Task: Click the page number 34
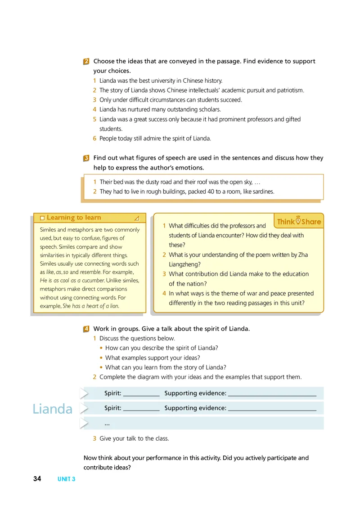tap(37, 479)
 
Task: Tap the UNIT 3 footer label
tap(67, 479)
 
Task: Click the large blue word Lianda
tap(52, 409)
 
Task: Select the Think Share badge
tap(299, 221)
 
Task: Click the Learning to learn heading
tap(74, 218)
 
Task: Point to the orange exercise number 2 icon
tap(86, 62)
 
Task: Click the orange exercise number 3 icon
tap(86, 158)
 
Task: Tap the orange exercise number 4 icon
tap(86, 329)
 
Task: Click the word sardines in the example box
tap(262, 192)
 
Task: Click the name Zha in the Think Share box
tap(303, 255)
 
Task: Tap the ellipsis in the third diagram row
tap(107, 424)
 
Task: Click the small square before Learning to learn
tap(42, 218)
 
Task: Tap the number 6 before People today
tap(95, 138)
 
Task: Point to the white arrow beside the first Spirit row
tap(84, 393)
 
